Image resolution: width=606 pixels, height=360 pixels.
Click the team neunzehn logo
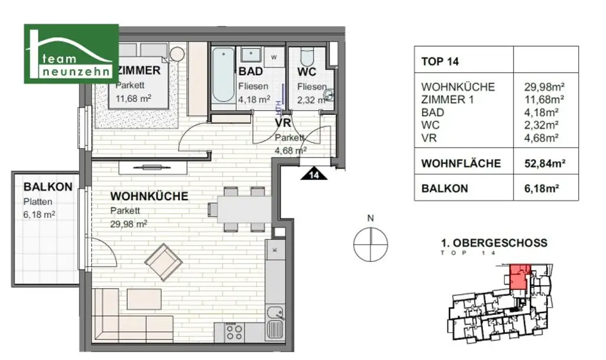71,53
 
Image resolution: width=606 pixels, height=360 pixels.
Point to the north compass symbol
370,243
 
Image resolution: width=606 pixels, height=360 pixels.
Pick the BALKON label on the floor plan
48,187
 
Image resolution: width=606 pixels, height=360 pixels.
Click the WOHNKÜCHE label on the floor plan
150,196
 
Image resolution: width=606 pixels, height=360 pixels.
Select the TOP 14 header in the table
440,61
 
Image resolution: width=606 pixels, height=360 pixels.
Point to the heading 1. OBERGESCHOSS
494,243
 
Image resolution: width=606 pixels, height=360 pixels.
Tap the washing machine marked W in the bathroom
274,57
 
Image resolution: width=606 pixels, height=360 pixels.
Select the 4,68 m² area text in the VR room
289,150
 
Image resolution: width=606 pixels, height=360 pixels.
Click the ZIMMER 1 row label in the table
443,99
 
